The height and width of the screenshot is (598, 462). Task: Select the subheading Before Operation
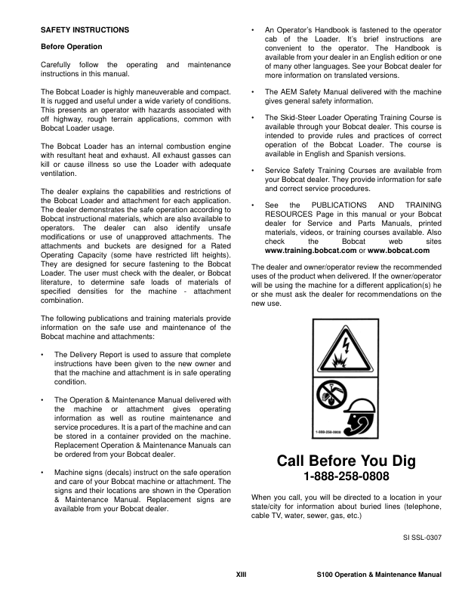71,47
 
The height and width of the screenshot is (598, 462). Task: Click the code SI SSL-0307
421,539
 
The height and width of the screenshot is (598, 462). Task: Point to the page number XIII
243,576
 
